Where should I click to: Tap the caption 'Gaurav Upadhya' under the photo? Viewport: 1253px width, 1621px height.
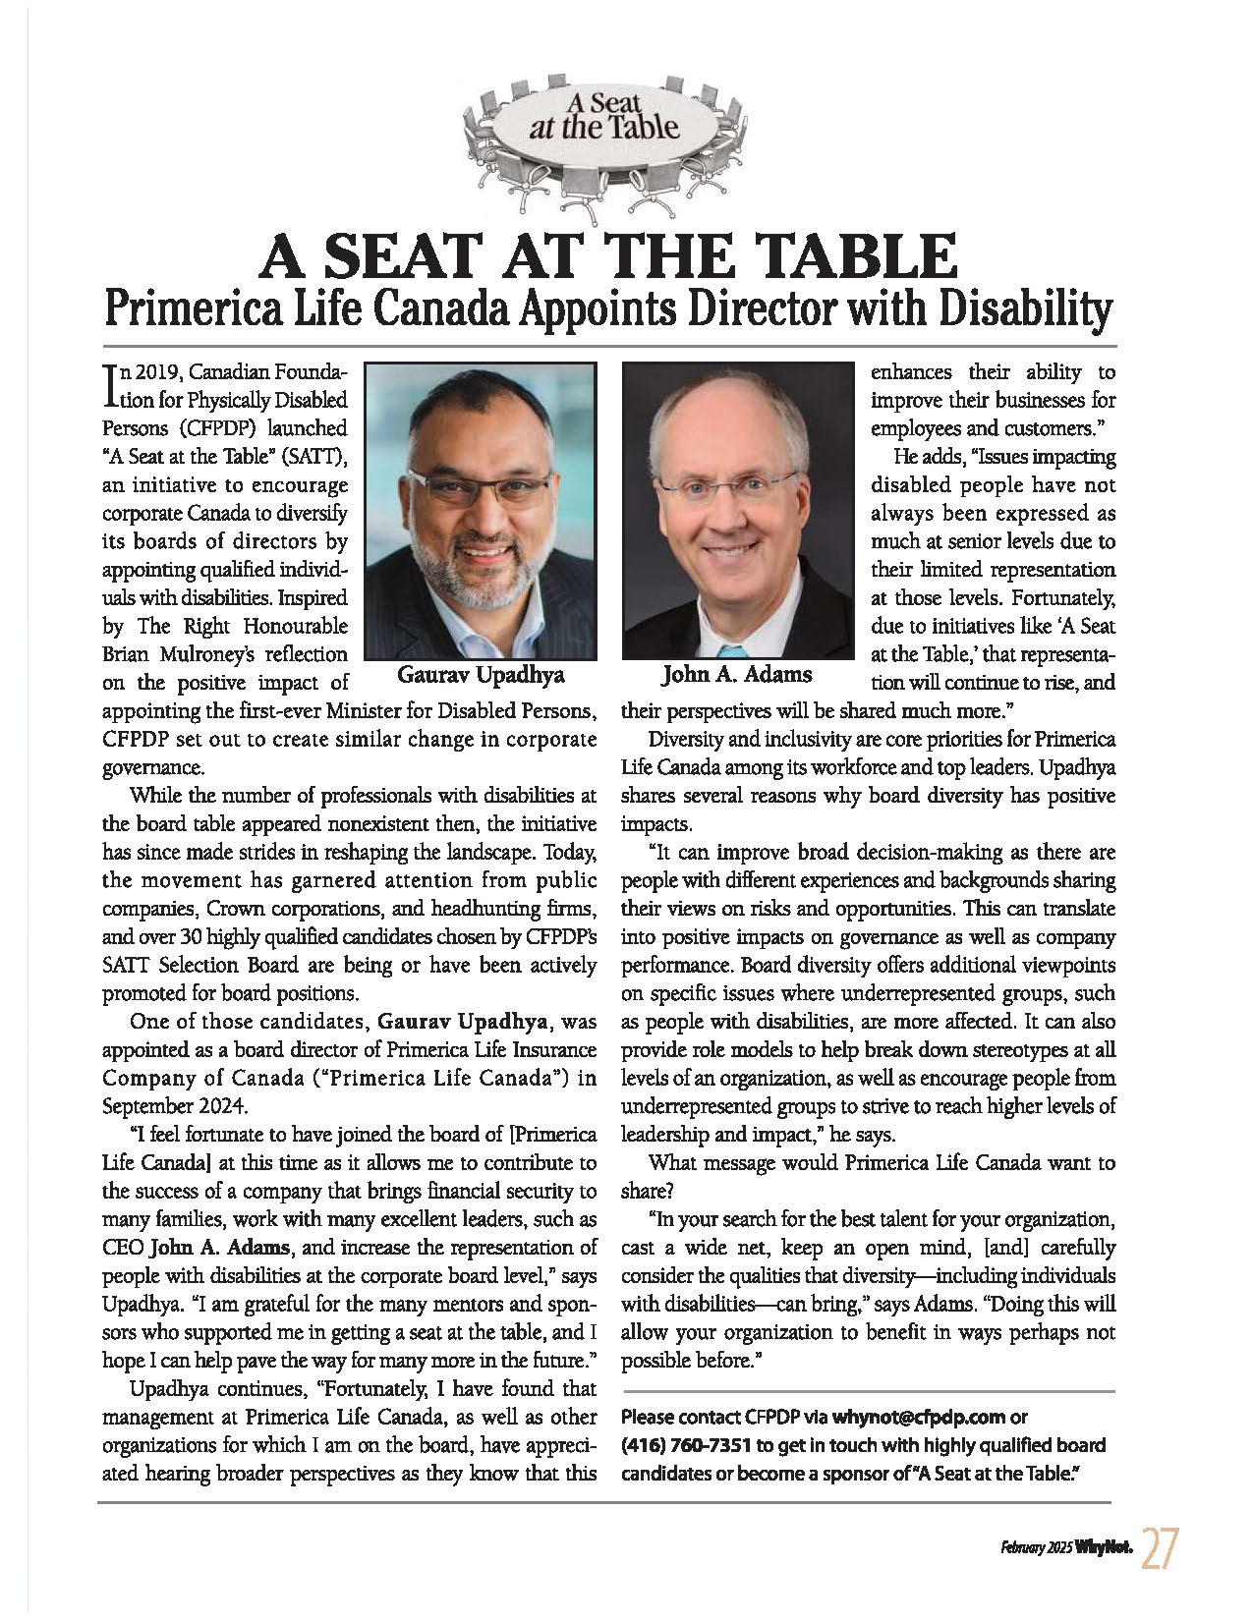(481, 675)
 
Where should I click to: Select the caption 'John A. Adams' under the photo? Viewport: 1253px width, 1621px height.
(737, 675)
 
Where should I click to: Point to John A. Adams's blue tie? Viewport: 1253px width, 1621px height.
(731, 651)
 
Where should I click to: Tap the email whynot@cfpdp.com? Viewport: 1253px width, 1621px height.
(919, 1418)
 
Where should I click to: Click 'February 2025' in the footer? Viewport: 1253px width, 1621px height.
(1036, 1548)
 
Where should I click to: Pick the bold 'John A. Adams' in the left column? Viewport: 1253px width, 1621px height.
(219, 1248)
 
